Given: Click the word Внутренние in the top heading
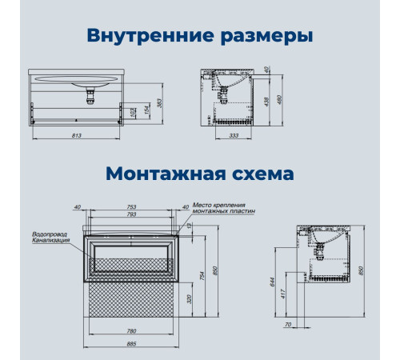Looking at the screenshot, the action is (150, 35).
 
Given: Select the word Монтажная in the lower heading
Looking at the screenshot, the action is (166, 174).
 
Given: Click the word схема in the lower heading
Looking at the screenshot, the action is (263, 174).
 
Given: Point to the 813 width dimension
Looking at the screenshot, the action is (77, 135).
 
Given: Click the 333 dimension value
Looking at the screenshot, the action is (234, 135).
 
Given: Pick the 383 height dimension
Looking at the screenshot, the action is (159, 103).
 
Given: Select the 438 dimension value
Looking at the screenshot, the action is (266, 102).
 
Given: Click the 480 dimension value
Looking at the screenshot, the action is (279, 100).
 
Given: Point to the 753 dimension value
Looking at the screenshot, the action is (131, 206).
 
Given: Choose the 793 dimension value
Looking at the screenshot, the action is (131, 214).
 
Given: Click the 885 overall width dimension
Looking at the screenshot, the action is (131, 344).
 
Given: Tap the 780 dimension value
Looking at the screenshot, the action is (131, 331).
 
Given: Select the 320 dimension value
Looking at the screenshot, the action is (190, 299).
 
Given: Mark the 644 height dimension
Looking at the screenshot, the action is (272, 282).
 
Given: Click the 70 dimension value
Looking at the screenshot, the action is (288, 325).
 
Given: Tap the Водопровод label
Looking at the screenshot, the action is (50, 234).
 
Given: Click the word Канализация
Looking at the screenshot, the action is (51, 240).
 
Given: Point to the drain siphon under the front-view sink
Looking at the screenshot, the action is (90, 97).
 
